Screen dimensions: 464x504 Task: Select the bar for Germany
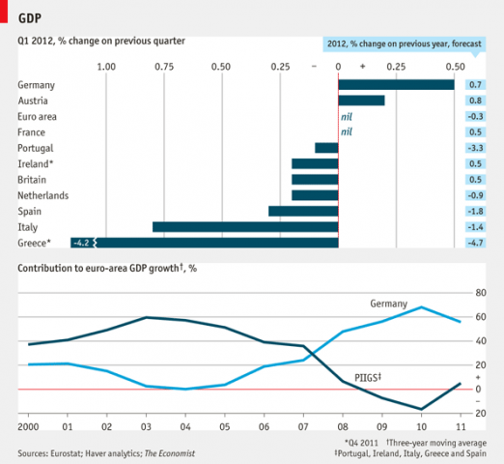point(396,85)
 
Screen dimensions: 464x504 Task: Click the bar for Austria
point(361,101)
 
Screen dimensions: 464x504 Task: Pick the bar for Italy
point(245,226)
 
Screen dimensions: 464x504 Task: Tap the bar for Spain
point(303,211)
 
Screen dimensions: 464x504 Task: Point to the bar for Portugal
point(326,148)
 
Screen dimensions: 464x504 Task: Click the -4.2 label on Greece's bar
point(83,243)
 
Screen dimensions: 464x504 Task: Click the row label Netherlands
point(44,194)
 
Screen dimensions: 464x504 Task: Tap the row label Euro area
point(38,116)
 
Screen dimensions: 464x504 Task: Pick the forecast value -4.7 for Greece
point(475,243)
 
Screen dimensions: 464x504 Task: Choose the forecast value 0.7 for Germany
point(475,85)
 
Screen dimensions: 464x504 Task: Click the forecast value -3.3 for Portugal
point(475,148)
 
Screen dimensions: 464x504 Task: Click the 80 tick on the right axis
point(479,293)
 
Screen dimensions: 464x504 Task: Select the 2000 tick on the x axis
point(27,426)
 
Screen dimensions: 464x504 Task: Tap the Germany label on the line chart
point(389,304)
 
